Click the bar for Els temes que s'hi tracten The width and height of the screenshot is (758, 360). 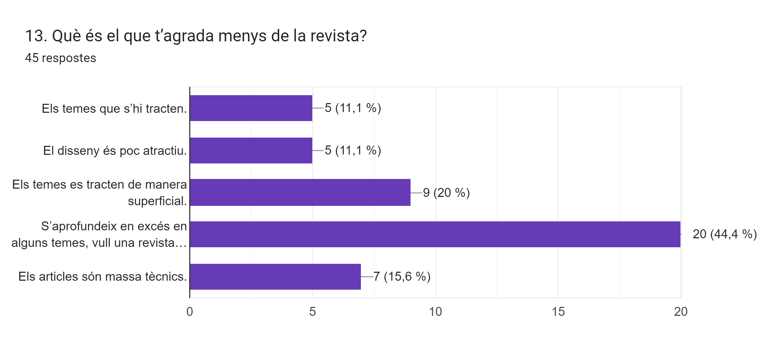[251, 108]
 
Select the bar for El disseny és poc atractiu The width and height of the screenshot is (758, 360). [251, 150]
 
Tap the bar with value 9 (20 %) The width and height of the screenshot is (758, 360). [300, 192]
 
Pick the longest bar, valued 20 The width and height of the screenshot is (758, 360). [435, 234]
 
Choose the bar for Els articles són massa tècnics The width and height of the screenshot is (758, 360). [275, 277]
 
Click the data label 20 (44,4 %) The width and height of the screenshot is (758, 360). [725, 234]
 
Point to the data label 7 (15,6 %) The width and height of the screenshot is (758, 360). [402, 277]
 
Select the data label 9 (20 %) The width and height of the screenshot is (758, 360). [446, 193]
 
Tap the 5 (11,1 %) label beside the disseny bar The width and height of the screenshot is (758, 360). [353, 150]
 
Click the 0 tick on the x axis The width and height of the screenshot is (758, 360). [190, 312]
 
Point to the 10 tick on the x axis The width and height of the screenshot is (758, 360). [435, 312]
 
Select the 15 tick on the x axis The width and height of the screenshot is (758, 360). [558, 312]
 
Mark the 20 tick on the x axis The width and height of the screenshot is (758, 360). [681, 312]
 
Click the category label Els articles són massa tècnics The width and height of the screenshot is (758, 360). [102, 277]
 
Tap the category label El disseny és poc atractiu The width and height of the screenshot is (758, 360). [115, 151]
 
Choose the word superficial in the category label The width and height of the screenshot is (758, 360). [157, 201]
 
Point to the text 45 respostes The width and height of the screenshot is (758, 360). [60, 58]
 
